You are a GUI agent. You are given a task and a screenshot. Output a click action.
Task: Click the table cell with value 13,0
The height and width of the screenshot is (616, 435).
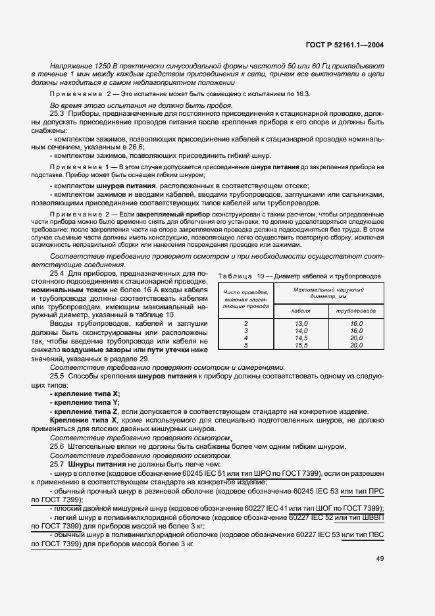[301, 323]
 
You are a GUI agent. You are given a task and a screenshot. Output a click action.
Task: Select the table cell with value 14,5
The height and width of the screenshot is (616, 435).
[301, 338]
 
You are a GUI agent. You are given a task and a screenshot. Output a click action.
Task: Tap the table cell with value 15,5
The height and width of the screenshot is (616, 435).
[301, 345]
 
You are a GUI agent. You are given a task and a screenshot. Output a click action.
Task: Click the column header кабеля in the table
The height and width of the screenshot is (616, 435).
[301, 310]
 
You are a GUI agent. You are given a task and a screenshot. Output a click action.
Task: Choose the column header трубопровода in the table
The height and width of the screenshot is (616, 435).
[356, 310]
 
